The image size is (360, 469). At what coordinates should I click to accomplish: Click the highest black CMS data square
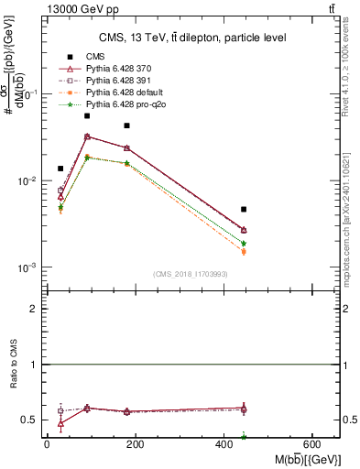tap(87, 115)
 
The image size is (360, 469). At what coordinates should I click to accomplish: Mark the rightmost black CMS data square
tap(244, 210)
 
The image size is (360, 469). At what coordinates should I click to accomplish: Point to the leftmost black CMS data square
tap(60, 169)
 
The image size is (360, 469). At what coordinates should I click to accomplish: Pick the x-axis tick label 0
tap(47, 444)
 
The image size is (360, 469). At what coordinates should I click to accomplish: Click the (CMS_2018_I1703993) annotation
tap(190, 274)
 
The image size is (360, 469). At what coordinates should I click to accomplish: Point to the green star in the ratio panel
tap(244, 436)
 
